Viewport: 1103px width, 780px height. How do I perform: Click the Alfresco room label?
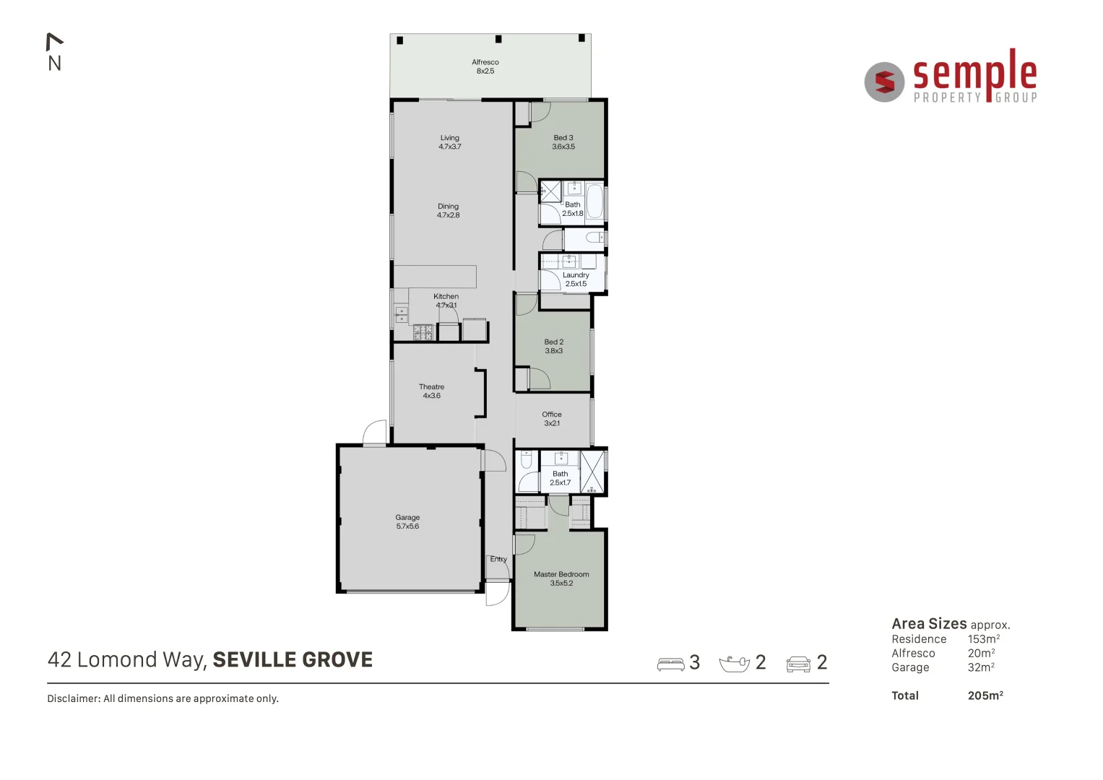click(485, 66)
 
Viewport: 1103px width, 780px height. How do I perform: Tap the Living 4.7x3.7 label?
click(449, 142)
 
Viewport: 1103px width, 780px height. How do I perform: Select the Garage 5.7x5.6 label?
click(407, 521)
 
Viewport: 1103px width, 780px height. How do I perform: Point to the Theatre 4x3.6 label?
click(431, 391)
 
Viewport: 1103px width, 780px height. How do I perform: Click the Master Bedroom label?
click(561, 578)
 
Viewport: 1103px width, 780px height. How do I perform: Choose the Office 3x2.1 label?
click(552, 419)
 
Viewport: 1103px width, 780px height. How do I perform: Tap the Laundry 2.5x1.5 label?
click(576, 279)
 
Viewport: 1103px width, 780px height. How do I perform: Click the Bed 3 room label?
click(563, 142)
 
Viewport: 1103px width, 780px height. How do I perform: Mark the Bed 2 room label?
click(554, 346)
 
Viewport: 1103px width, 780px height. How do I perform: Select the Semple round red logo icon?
click(884, 82)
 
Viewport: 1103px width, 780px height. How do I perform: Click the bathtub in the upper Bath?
click(594, 201)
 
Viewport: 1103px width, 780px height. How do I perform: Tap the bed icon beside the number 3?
click(670, 663)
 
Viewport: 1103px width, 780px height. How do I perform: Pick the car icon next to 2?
click(798, 663)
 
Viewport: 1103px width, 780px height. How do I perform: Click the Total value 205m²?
click(985, 695)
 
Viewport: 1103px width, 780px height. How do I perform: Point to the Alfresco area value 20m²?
click(981, 653)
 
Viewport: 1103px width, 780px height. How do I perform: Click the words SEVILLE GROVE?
click(293, 659)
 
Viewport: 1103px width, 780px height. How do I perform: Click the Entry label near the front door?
click(498, 559)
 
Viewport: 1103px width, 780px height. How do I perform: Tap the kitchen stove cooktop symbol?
click(423, 332)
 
